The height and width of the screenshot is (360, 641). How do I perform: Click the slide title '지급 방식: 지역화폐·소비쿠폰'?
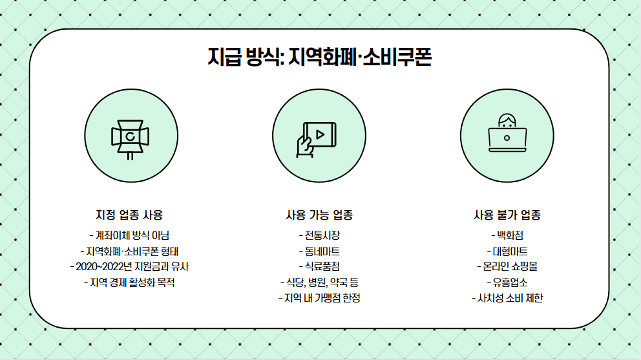tap(319, 58)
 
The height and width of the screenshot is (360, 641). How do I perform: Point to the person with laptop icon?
tap(507, 135)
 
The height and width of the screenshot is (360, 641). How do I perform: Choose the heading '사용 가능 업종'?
tap(319, 215)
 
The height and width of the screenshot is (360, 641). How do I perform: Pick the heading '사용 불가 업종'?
tap(507, 215)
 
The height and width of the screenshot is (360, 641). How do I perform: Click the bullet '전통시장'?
tap(319, 235)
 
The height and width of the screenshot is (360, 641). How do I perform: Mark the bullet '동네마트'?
tap(319, 251)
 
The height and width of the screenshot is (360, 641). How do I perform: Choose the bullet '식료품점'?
tap(319, 266)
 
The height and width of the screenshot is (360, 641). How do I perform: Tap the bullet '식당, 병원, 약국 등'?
tap(319, 282)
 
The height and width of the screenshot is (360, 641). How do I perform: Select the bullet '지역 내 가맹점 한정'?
tap(319, 298)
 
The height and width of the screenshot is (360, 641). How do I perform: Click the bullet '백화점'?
tap(507, 235)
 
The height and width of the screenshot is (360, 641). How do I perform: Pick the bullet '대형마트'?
tap(507, 251)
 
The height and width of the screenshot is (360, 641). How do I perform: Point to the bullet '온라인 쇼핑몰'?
tap(507, 266)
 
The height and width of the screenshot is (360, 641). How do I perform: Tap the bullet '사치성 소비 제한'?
tap(507, 298)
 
